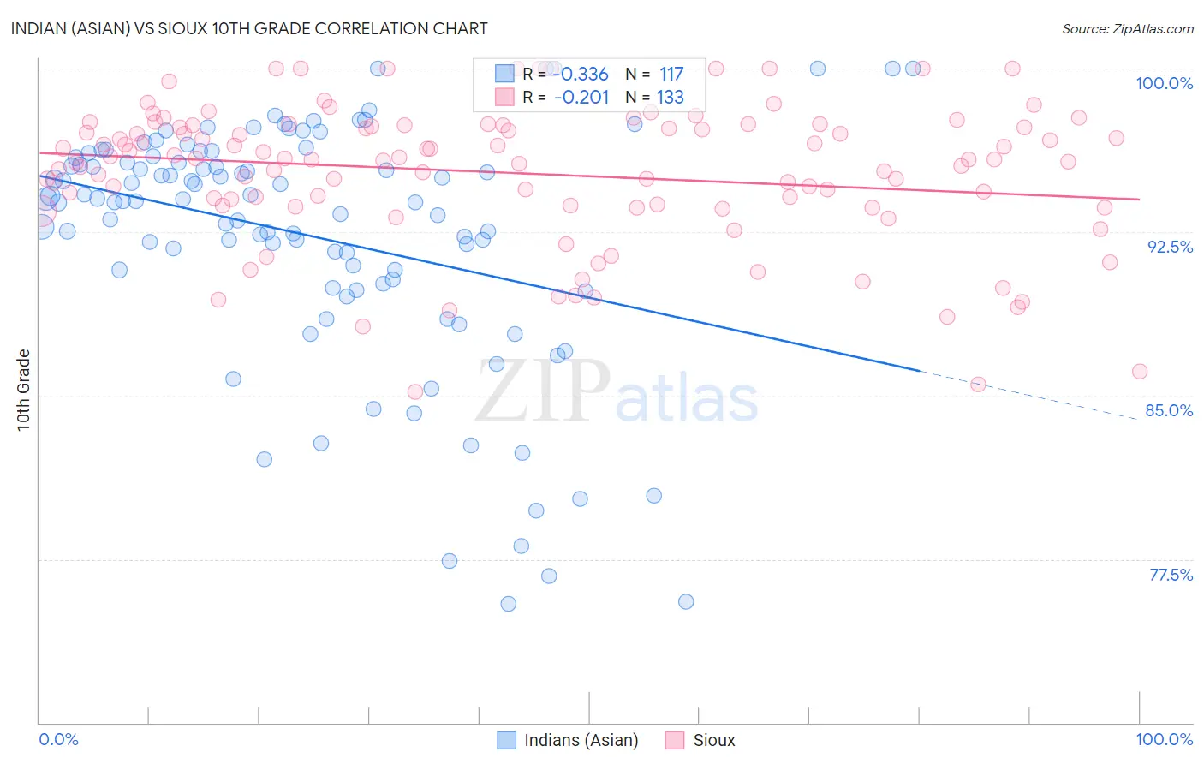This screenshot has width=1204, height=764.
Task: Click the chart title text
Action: [x=249, y=28]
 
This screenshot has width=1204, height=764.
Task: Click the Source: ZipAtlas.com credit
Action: [x=1127, y=28]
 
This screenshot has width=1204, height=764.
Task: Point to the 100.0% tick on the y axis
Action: [x=1164, y=83]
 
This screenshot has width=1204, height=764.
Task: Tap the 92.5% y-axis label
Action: [x=1170, y=247]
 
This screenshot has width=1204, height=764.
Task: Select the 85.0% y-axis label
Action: [x=1169, y=410]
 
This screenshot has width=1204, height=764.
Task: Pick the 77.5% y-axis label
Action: [x=1171, y=575]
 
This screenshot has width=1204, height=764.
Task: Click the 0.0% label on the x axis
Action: [x=58, y=739]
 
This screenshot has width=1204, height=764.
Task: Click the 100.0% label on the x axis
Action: [x=1164, y=739]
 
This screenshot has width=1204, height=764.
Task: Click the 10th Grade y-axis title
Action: [x=23, y=390]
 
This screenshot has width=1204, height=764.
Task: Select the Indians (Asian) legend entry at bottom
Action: [x=580, y=740]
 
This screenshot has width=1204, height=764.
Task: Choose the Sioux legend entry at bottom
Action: [x=713, y=740]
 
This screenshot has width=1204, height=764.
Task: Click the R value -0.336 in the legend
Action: [x=581, y=75]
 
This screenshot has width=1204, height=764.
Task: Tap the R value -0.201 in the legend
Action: [x=581, y=97]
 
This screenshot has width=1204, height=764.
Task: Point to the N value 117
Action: [x=671, y=75]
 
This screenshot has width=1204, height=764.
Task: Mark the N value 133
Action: [x=671, y=97]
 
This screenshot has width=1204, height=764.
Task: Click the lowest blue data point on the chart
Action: [x=508, y=604]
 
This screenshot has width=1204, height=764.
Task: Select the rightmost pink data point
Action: [x=1140, y=371]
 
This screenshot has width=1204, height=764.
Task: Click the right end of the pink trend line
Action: [x=1139, y=199]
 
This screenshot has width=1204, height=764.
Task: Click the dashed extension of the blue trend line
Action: [x=1028, y=393]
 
